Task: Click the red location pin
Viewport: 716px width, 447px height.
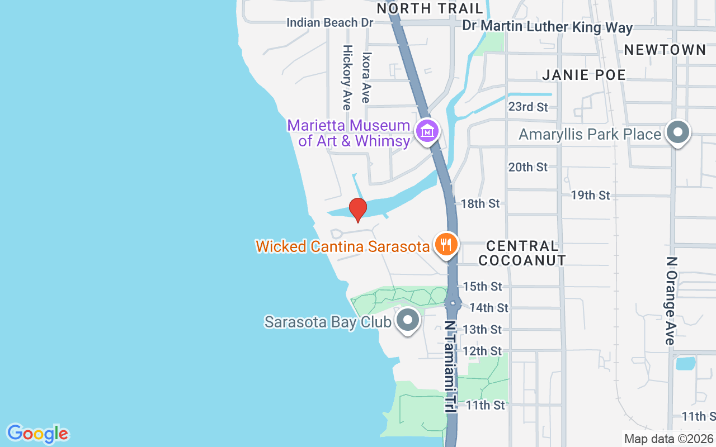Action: click(x=357, y=210)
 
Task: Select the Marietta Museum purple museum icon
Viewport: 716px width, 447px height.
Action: click(x=428, y=132)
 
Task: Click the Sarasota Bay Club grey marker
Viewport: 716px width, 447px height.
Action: click(x=408, y=321)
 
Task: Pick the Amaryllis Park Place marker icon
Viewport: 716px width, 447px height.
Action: click(x=679, y=133)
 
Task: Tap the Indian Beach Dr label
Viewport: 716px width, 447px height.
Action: click(x=329, y=22)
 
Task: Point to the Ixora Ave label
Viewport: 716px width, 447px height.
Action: click(x=366, y=78)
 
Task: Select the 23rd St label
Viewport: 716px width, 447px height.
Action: click(x=527, y=107)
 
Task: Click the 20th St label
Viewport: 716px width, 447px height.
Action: click(x=527, y=167)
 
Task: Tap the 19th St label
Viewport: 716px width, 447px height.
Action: click(x=590, y=195)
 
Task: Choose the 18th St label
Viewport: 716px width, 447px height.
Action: click(x=480, y=203)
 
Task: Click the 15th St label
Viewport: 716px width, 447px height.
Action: click(x=482, y=286)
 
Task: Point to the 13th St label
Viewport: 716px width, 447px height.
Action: click(x=482, y=329)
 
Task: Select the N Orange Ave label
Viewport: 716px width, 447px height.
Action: click(x=671, y=300)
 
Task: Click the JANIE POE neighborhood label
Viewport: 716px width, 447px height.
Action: click(x=584, y=75)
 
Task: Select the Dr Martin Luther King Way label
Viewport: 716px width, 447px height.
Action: click(x=547, y=27)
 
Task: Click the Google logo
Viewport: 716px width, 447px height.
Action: click(x=37, y=433)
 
